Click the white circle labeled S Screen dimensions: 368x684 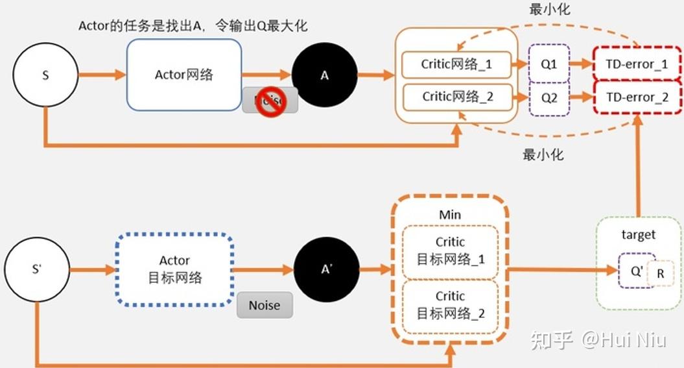45,75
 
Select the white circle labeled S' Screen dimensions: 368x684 36,269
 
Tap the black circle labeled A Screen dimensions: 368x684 325,75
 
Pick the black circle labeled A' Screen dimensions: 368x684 326,270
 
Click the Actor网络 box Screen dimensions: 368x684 184,74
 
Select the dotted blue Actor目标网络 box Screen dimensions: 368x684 174,269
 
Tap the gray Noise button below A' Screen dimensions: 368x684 265,305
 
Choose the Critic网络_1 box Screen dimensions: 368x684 456,64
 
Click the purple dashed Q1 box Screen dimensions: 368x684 549,64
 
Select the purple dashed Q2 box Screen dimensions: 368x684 549,98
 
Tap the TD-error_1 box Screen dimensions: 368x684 637,64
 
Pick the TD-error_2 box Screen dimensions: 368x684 637,97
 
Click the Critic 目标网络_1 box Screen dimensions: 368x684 450,251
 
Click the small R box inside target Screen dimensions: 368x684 661,274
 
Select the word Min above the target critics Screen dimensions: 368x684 449,214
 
